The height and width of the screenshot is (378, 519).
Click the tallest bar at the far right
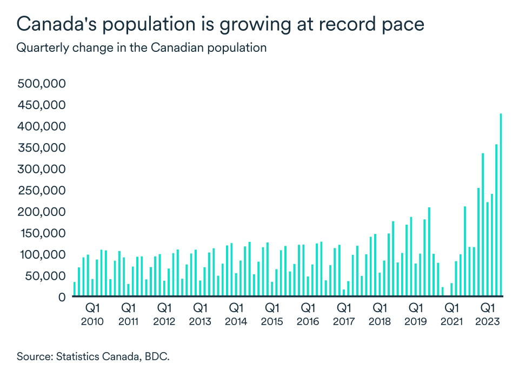click(x=501, y=205)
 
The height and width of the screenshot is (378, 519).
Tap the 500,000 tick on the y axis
click(x=42, y=84)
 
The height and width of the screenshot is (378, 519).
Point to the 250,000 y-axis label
click(x=42, y=191)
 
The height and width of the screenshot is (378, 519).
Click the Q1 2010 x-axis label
click(x=92, y=314)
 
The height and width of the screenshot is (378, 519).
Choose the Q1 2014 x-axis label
click(x=236, y=314)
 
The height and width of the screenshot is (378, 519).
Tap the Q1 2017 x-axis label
click(x=344, y=314)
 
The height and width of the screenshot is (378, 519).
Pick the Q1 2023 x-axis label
click(x=488, y=314)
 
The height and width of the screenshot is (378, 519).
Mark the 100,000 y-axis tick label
click(x=42, y=254)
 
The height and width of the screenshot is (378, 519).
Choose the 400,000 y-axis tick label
click(x=42, y=126)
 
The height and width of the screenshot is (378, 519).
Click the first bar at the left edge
click(x=75, y=289)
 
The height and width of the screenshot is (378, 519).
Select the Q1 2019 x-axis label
click(x=416, y=314)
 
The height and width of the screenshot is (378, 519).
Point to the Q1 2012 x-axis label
click(x=164, y=314)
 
